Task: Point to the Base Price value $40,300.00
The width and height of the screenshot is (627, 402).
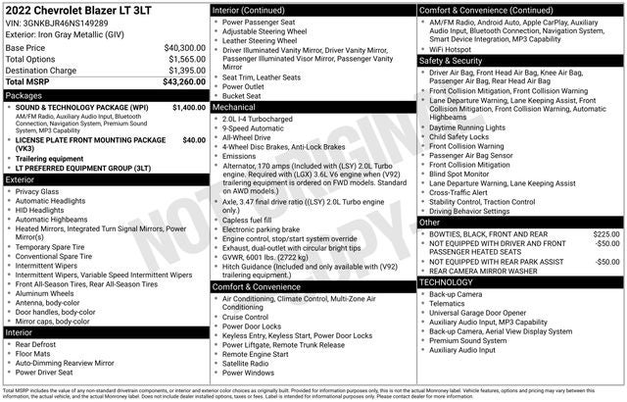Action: (x=184, y=47)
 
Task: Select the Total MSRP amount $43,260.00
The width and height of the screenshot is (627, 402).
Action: (x=184, y=81)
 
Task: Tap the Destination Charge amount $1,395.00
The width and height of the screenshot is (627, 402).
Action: (x=184, y=71)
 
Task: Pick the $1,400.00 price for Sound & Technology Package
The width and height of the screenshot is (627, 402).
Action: (x=189, y=108)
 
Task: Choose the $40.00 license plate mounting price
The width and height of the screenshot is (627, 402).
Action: (x=194, y=139)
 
